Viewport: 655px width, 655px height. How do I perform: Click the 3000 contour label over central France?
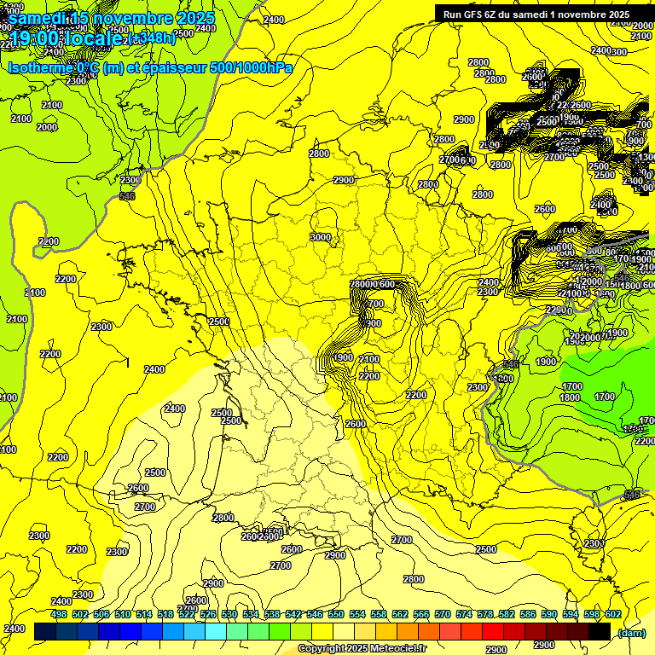[x=321, y=237]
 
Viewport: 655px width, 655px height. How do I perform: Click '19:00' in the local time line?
[x=32, y=37]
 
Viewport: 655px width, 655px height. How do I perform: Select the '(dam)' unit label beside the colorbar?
[x=631, y=632]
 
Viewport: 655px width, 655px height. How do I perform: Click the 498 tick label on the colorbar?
[x=59, y=614]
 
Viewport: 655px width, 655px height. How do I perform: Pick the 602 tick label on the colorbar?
[x=612, y=614]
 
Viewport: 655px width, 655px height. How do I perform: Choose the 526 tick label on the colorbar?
[x=208, y=614]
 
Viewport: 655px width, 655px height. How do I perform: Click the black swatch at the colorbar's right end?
[x=600, y=631]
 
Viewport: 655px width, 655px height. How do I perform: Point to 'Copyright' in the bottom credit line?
[x=322, y=649]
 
